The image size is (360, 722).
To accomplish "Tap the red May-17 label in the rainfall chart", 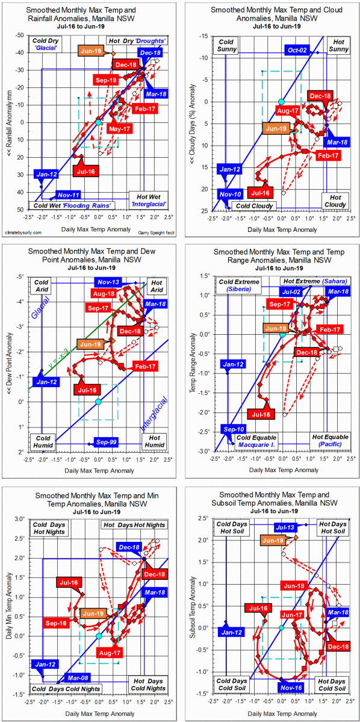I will [x=119, y=129].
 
